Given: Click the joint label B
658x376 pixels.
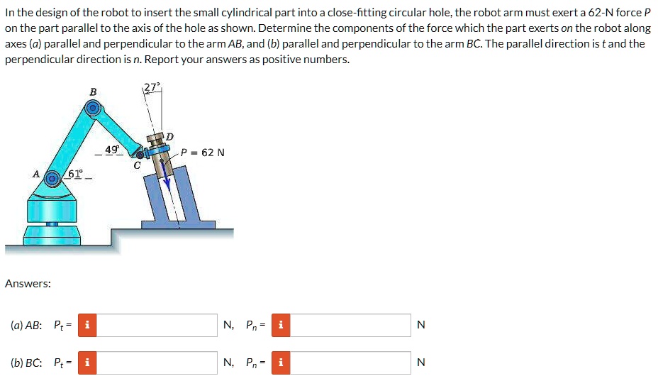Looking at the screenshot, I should coord(91,92).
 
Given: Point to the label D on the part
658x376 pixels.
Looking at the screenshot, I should coord(169,136).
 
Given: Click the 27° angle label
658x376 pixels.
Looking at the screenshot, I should coord(152,87).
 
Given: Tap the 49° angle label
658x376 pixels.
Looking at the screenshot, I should coord(113,150).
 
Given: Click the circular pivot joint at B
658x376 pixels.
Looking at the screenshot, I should coord(91,109).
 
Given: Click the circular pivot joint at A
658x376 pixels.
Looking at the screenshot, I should coord(52,179).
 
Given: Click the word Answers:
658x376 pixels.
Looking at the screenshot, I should coord(28,284).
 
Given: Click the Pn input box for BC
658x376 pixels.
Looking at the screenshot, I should coord(351,363).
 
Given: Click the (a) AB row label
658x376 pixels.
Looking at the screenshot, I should coord(26,326).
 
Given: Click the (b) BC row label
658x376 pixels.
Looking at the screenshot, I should coord(26,363).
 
